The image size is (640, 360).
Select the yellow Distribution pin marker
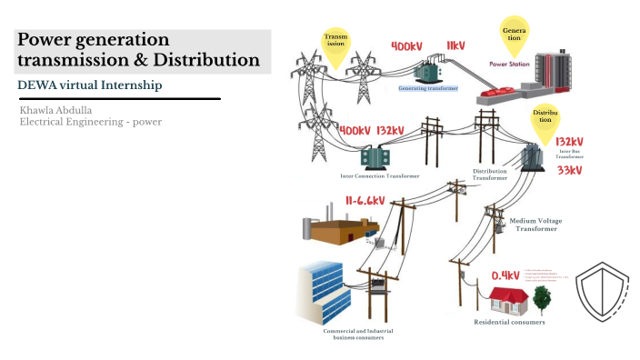[544, 120]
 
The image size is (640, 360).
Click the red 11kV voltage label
[455, 45]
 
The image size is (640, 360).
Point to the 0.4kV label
[505, 275]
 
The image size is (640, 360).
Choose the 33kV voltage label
[570, 171]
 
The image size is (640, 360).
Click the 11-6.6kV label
[365, 201]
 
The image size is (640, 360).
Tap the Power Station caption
[511, 65]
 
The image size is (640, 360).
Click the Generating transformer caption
[429, 89]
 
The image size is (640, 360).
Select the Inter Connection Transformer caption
[380, 175]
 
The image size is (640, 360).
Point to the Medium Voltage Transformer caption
[535, 225]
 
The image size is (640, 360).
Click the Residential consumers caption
[509, 322]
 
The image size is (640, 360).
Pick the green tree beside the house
[541, 297]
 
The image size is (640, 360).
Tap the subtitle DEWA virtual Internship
[89, 85]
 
